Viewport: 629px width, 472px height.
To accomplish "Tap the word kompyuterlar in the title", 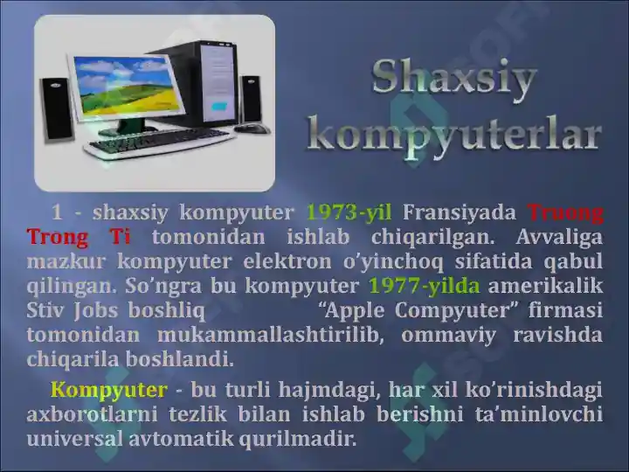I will (x=456, y=135).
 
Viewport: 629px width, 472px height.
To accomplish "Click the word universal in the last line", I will (x=76, y=439).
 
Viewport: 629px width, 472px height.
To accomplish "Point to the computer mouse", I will (x=252, y=128).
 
